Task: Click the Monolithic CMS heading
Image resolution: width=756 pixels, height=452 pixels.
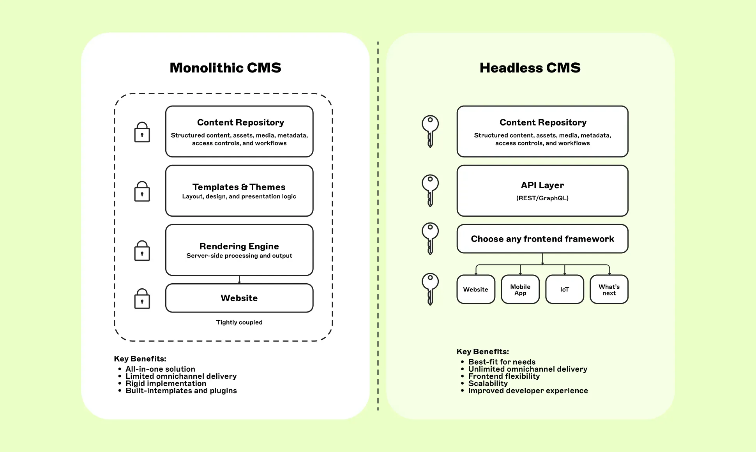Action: coord(225,68)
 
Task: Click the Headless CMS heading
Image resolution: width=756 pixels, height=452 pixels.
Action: coord(530,68)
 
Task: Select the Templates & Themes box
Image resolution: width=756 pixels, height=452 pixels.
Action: coord(239,191)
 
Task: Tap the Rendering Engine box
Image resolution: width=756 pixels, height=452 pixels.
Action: coord(239,250)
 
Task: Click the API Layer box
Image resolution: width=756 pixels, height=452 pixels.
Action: coord(542,191)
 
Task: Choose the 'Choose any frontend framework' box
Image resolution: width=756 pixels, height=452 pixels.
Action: coord(542,239)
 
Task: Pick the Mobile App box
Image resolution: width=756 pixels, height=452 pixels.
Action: coord(520,289)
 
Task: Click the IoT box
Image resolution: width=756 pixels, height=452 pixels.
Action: coord(565,289)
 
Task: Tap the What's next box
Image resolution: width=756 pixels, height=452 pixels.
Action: coord(609,289)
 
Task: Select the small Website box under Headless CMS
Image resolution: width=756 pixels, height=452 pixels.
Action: coord(476,289)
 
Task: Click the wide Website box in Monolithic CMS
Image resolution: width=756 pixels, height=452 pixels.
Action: coord(239,298)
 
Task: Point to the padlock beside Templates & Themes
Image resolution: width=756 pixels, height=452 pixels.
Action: coord(142,191)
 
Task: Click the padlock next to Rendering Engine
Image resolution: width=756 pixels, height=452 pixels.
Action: coord(142,251)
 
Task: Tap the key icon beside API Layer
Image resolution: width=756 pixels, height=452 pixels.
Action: coord(430,190)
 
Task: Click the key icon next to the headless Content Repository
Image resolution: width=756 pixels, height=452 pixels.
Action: coord(430,131)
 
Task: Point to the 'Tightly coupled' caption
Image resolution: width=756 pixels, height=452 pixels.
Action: coord(239,322)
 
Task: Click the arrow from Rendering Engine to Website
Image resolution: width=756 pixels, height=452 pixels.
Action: coord(239,280)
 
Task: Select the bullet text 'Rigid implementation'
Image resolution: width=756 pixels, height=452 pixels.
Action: coord(166,383)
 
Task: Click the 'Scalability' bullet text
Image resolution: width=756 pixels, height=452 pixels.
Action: coord(488,383)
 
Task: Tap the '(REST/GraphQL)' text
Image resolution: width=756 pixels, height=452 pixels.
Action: coord(542,198)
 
